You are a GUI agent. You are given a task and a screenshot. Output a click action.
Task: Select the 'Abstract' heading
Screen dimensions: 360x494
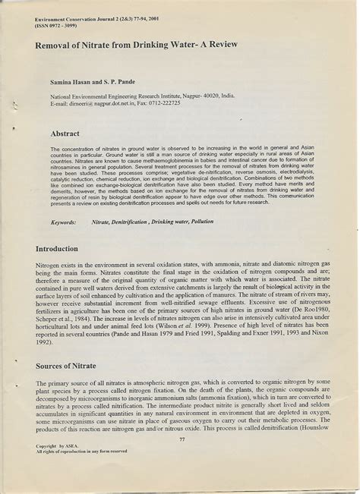click(65, 134)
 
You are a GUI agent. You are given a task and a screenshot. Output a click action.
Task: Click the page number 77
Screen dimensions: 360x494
click(181, 439)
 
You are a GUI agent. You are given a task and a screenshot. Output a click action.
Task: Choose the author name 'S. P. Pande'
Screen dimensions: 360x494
click(122, 80)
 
